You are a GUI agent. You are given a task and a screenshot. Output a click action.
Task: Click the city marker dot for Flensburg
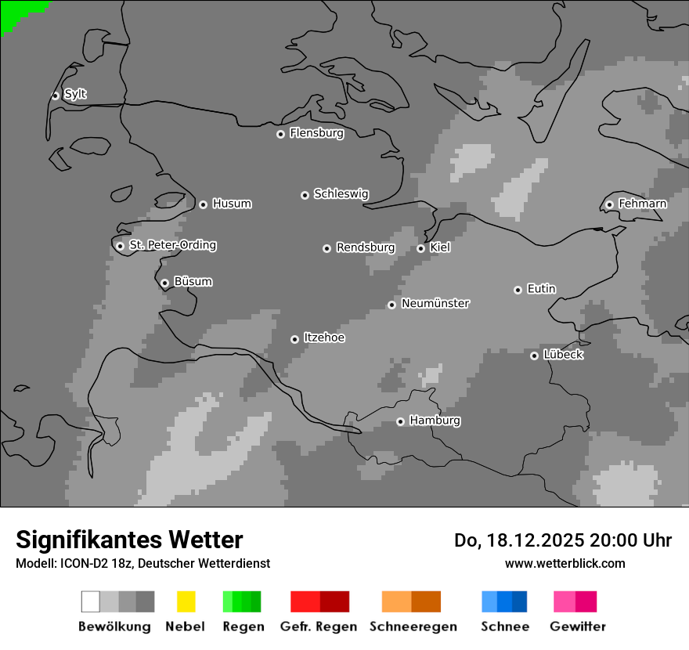tap(280, 134)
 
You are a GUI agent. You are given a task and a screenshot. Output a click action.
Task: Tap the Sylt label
tap(75, 94)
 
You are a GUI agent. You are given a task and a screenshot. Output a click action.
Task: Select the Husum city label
tap(232, 204)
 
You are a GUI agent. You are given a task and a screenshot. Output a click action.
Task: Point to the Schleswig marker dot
tap(305, 195)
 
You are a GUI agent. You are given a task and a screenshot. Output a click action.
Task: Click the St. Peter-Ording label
tap(172, 245)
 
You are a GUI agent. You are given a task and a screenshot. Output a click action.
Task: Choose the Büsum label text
tap(193, 281)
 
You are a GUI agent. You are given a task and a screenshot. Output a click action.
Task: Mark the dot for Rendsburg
tap(326, 248)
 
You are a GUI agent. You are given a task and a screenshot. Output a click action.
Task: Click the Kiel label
tap(440, 247)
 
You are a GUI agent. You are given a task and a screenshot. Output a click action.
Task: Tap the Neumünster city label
tap(435, 303)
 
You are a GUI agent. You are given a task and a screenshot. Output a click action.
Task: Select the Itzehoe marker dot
tap(294, 339)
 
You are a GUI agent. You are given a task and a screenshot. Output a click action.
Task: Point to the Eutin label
tap(541, 289)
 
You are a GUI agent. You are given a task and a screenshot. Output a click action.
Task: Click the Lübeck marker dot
tap(534, 356)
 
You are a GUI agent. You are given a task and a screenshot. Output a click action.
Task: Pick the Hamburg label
tap(435, 421)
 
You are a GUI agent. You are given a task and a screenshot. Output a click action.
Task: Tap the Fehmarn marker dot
tap(609, 205)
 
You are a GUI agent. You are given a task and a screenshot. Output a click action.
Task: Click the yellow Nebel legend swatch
tap(186, 601)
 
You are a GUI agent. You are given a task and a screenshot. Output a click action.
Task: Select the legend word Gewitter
tap(578, 627)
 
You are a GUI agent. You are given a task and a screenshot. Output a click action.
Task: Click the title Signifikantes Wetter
tap(129, 540)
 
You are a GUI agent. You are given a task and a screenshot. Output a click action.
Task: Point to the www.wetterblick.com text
tap(565, 563)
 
